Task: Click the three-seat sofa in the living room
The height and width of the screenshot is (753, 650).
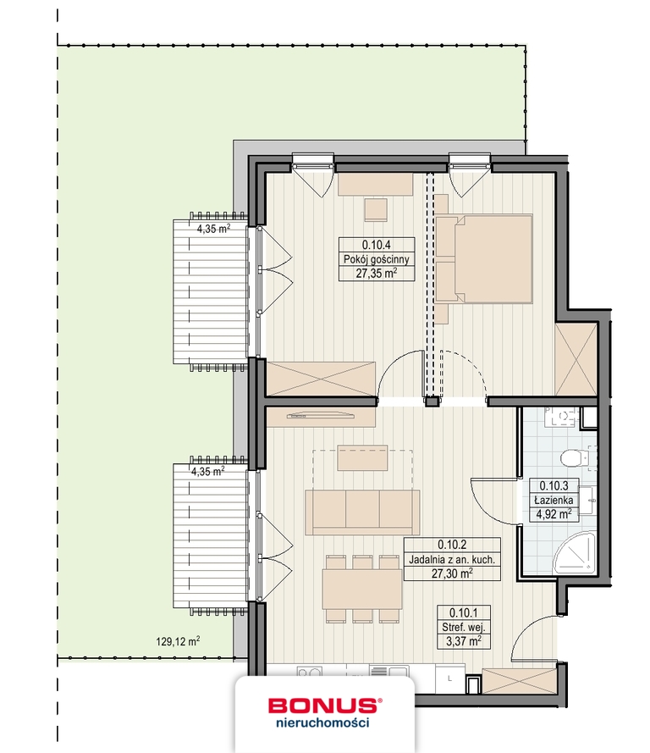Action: (363, 512)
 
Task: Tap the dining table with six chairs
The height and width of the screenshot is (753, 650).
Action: (363, 589)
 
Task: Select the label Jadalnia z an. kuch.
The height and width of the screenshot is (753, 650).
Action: (453, 559)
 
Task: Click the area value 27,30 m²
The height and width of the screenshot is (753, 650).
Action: (453, 573)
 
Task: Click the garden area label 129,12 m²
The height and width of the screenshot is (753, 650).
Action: (179, 641)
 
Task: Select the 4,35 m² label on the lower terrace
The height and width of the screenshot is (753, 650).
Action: (207, 471)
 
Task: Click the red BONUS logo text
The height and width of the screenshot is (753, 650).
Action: (322, 704)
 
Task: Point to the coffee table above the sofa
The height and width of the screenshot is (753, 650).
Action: (363, 457)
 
